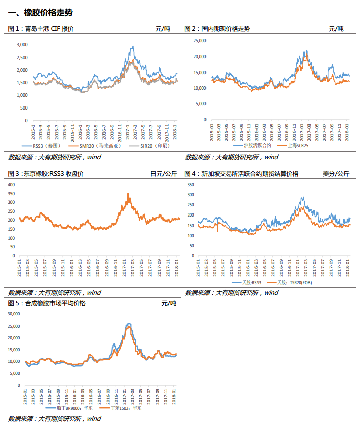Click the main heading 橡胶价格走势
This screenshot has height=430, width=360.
click(x=48, y=13)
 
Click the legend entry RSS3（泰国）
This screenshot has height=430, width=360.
click(x=46, y=146)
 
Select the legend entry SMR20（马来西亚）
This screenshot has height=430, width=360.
click(x=100, y=146)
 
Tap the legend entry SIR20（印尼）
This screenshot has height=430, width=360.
click(x=155, y=146)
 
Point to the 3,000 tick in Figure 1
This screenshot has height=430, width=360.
click(x=22, y=45)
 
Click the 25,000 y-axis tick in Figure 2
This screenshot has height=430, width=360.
click(x=200, y=40)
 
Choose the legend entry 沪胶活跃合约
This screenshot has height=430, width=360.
click(x=258, y=145)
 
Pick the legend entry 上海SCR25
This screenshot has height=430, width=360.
click(x=298, y=145)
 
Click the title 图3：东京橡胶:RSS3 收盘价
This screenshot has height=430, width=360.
click(x=45, y=174)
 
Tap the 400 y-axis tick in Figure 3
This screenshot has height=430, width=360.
click(x=11, y=185)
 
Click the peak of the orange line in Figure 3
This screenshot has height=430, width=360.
click(x=128, y=194)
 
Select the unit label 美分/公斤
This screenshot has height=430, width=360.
click(x=336, y=174)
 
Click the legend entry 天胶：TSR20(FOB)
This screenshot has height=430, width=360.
click(x=294, y=283)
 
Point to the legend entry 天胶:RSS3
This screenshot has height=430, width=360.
click(x=251, y=283)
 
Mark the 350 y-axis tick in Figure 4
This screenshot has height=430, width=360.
click(x=191, y=185)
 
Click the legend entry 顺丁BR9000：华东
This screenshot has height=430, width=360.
click(x=75, y=408)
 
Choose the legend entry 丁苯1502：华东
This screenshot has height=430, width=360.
click(x=126, y=408)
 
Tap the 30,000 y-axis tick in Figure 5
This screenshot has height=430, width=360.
click(x=14, y=314)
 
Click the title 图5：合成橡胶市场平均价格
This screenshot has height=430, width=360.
click(x=46, y=303)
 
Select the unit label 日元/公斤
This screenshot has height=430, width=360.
click(x=164, y=174)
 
